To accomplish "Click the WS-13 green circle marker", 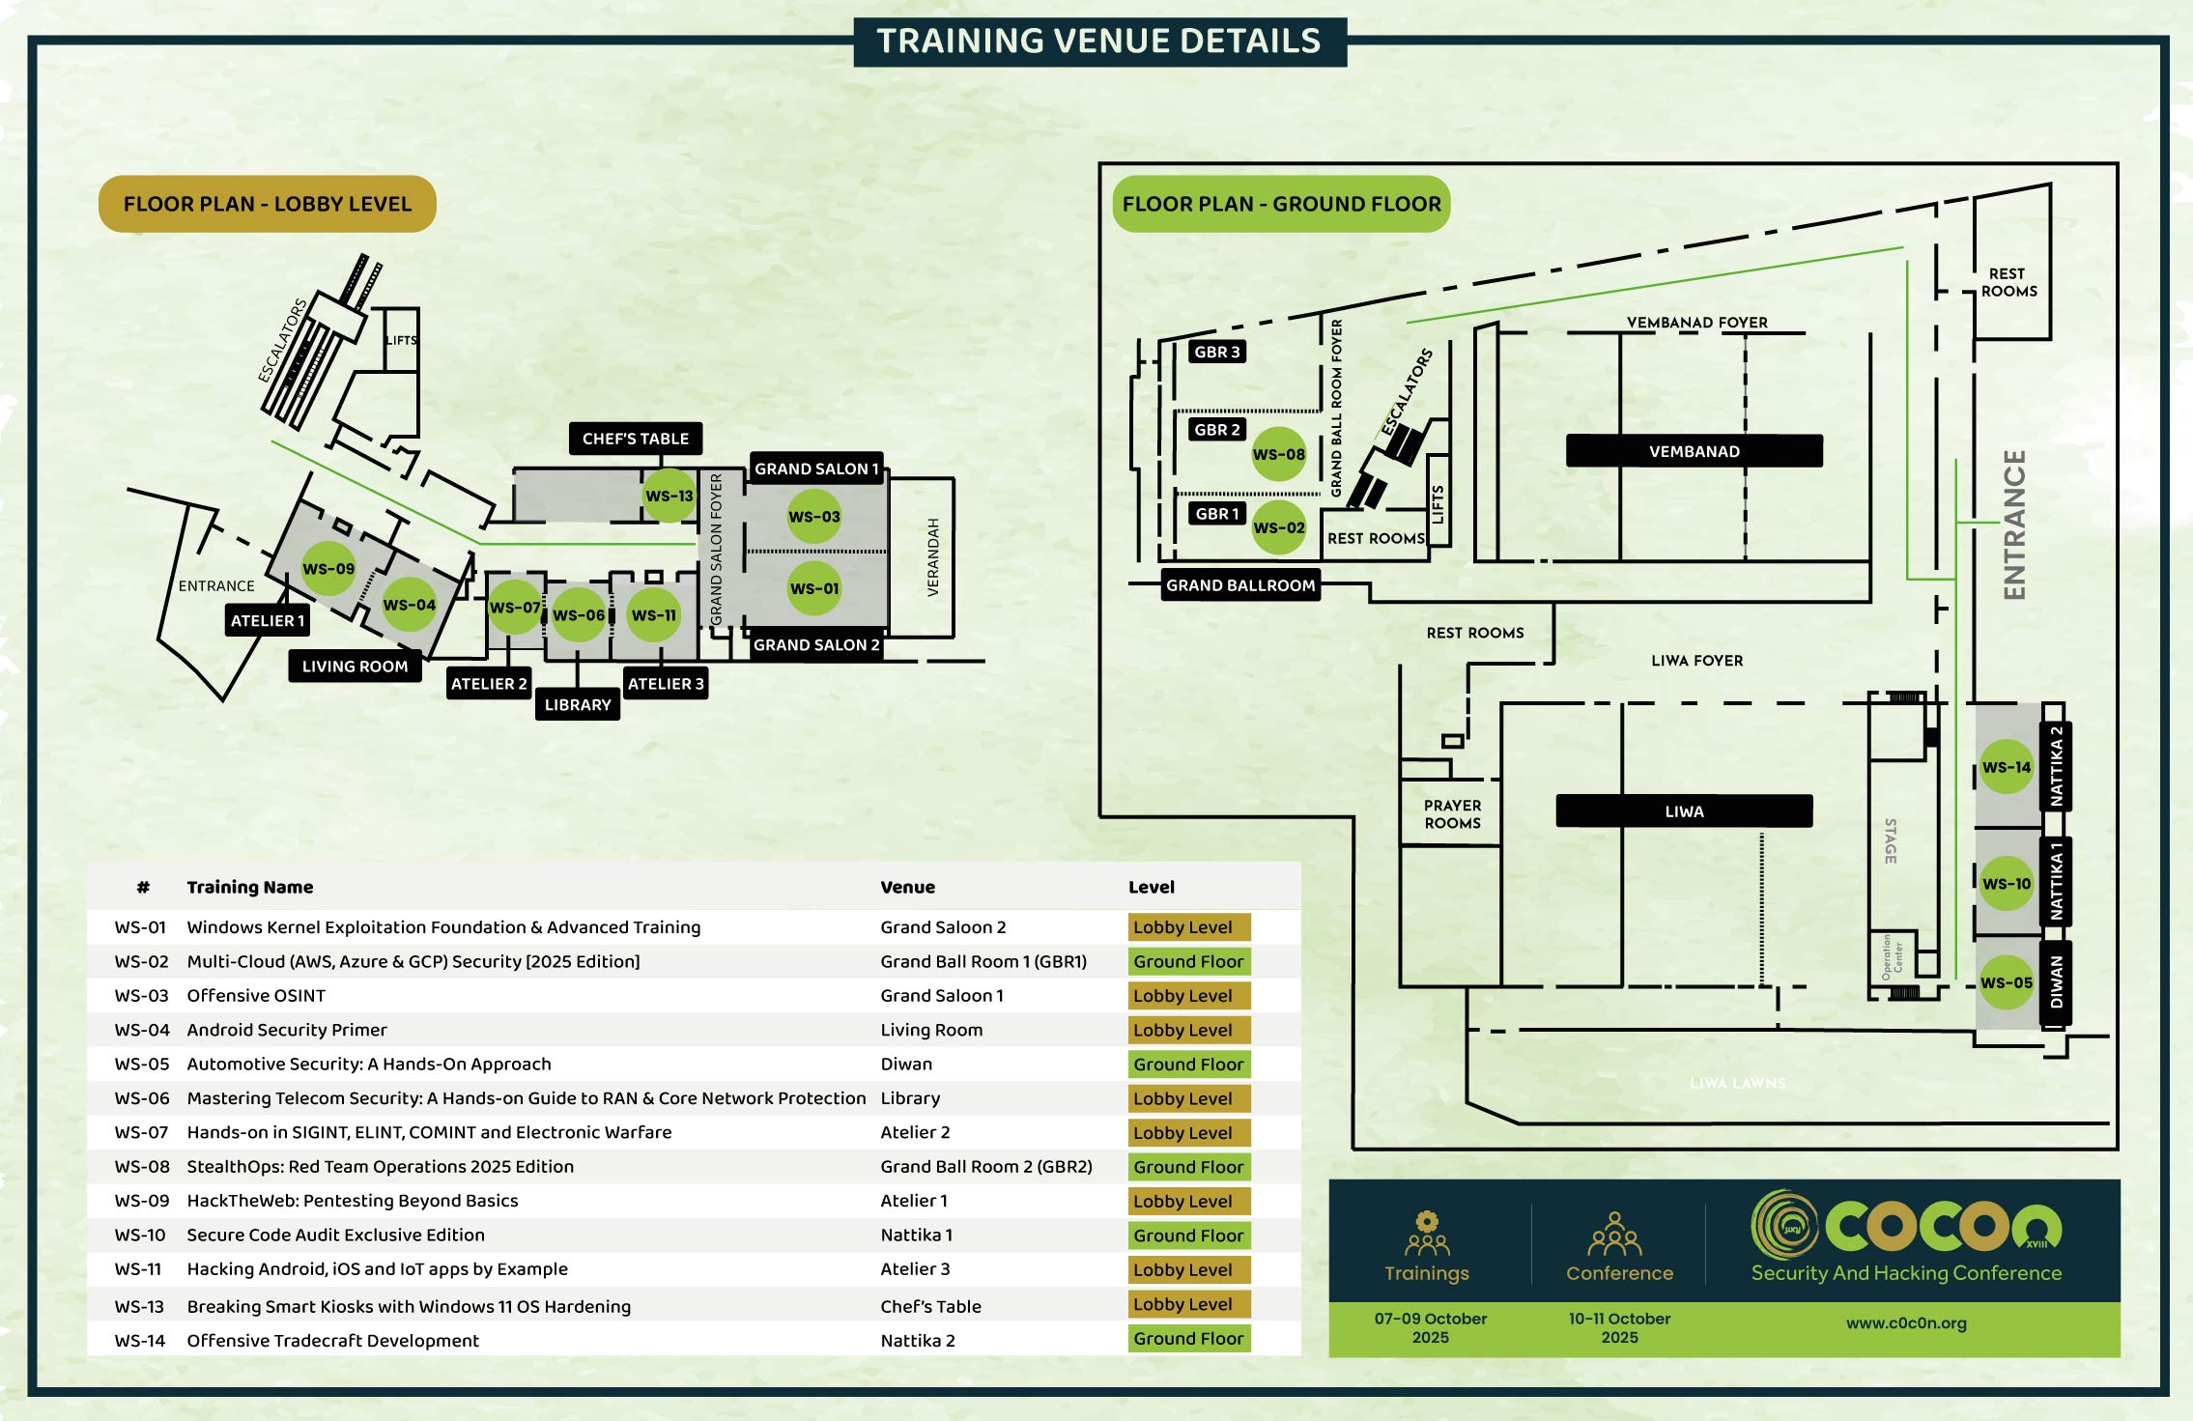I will pyautogui.click(x=669, y=496).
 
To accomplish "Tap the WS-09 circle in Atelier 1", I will pyautogui.click(x=328, y=569).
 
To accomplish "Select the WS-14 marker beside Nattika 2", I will pyautogui.click(x=2007, y=767).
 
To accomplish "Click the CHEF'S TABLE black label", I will pyautogui.click(x=635, y=439).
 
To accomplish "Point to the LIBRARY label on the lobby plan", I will pyautogui.click(x=577, y=705).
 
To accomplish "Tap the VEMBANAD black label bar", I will pyautogui.click(x=1694, y=451).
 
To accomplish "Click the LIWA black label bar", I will pyautogui.click(x=1684, y=811).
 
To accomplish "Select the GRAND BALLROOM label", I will pyautogui.click(x=1240, y=585).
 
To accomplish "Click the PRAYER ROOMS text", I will pyautogui.click(x=1452, y=814).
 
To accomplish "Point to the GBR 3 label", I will pyautogui.click(x=1216, y=352).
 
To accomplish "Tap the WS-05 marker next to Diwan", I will pyautogui.click(x=2007, y=982).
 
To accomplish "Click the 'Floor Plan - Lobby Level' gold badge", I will pyautogui.click(x=268, y=204).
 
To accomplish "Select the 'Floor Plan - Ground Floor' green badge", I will pyautogui.click(x=1281, y=204).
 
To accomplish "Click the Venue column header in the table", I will pyautogui.click(x=907, y=887).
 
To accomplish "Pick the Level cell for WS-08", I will pyautogui.click(x=1188, y=1167).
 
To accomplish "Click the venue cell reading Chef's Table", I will pyautogui.click(x=930, y=1307).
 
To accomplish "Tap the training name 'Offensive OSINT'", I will pyautogui.click(x=256, y=996).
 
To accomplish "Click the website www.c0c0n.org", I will pyautogui.click(x=1906, y=1323).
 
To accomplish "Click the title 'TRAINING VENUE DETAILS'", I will pyautogui.click(x=1098, y=42).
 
